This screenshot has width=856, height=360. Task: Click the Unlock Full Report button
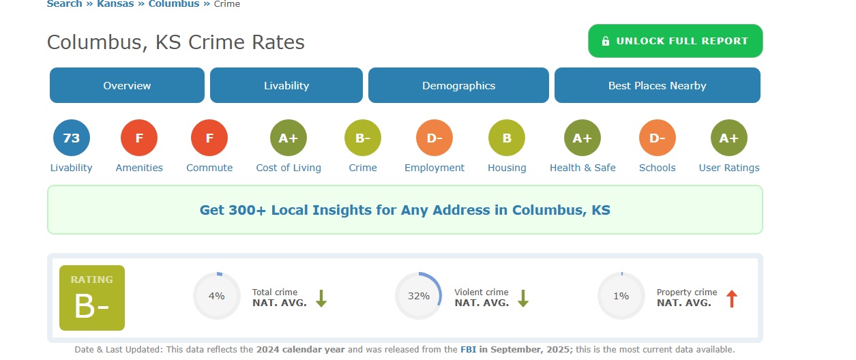pyautogui.click(x=675, y=41)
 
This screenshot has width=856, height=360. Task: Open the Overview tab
pyautogui.click(x=127, y=85)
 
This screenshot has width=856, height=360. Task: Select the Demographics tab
pyautogui.click(x=458, y=85)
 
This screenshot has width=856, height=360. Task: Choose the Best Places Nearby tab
pyautogui.click(x=658, y=85)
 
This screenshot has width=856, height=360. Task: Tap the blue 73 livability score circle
pyautogui.click(x=72, y=138)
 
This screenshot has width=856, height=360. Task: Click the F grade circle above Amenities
pyautogui.click(x=139, y=138)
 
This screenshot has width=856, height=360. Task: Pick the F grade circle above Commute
pyautogui.click(x=209, y=138)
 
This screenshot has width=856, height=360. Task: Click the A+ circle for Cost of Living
pyautogui.click(x=289, y=138)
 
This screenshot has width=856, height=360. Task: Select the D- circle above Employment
pyautogui.click(x=434, y=138)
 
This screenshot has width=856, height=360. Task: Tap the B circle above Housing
pyautogui.click(x=507, y=138)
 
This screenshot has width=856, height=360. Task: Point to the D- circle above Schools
pyautogui.click(x=658, y=138)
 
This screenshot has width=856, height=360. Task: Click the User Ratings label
pyautogui.click(x=729, y=168)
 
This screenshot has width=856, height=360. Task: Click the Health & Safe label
pyautogui.click(x=582, y=168)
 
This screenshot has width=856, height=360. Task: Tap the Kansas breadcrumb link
pyautogui.click(x=115, y=4)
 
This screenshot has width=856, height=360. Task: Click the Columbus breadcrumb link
pyautogui.click(x=174, y=4)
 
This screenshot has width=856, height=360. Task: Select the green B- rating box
pyautogui.click(x=92, y=298)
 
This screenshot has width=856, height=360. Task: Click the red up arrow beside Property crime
pyautogui.click(x=732, y=299)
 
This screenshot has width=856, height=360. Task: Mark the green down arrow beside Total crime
pyautogui.click(x=321, y=299)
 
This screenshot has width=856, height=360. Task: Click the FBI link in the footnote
pyautogui.click(x=468, y=349)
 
